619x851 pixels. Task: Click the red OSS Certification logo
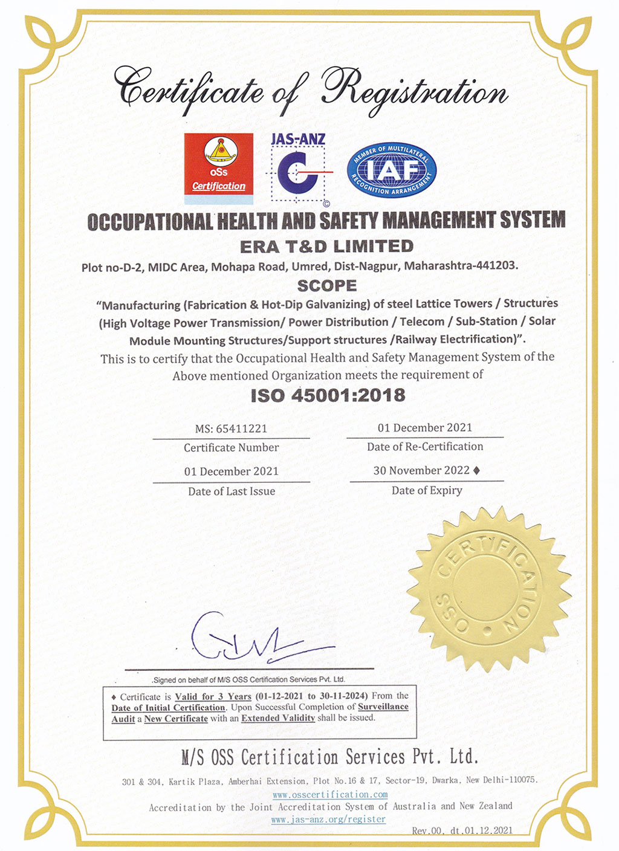tap(218, 164)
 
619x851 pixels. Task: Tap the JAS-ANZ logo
tap(298, 168)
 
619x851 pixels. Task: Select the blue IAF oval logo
tap(392, 171)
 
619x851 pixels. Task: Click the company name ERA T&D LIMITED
tap(326, 247)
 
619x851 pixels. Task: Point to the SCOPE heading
tap(327, 285)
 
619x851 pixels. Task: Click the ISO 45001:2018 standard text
tap(328, 395)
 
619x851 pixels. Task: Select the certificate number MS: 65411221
tap(231, 429)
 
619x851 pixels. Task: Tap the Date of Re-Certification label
tap(425, 447)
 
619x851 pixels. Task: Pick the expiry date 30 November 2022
tap(421, 470)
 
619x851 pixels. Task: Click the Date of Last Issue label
tap(232, 491)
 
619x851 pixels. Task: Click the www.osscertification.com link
tap(330, 794)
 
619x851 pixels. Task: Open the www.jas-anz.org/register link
tap(328, 820)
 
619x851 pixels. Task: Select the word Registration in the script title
tap(414, 91)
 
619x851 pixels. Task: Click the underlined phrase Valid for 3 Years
tap(213, 696)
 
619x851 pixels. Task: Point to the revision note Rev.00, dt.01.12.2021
tap(462, 830)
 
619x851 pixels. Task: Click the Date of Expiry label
tap(427, 490)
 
